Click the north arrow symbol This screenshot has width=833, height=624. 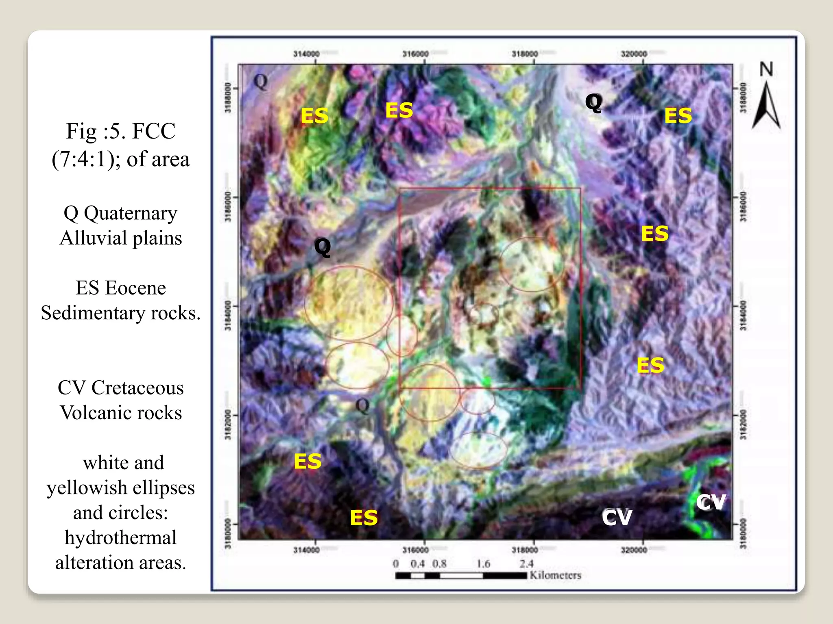(766, 106)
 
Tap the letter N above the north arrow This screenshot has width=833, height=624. (766, 69)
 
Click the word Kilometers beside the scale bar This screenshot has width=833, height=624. (555, 575)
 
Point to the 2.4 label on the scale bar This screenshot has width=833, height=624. (526, 564)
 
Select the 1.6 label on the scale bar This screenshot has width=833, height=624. (483, 564)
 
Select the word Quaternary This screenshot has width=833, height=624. (131, 213)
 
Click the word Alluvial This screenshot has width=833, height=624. (94, 238)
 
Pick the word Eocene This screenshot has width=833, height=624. (135, 288)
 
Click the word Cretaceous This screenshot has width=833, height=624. (137, 388)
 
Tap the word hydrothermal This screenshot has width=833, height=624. (121, 538)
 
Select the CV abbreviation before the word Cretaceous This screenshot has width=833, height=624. (72, 388)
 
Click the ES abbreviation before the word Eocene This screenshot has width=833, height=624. (87, 288)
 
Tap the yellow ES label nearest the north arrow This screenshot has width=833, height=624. (678, 116)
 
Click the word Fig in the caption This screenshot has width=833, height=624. (81, 131)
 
